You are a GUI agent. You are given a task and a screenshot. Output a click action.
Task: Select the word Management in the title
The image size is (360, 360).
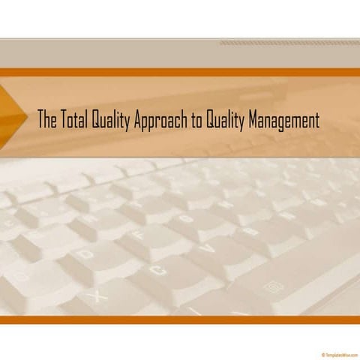pos(281,121)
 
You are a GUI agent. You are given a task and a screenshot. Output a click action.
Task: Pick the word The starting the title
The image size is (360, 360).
pos(46,120)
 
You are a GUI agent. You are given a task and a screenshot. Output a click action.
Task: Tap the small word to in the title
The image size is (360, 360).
pos(194,121)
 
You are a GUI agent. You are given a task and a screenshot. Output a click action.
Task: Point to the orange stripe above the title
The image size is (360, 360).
pos(180,73)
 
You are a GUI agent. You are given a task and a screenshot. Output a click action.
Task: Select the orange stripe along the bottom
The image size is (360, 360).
pos(180,319)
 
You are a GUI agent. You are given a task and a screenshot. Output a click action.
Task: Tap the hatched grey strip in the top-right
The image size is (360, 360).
pos(289,43)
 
